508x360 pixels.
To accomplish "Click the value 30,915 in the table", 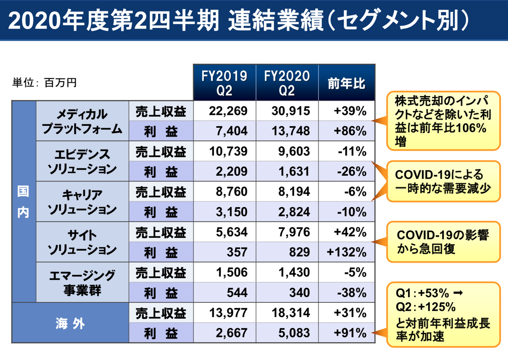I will pyautogui.click(x=291, y=111).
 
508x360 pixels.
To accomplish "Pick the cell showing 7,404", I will pyautogui.click(x=232, y=131).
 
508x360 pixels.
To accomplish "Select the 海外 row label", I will pyautogui.click(x=70, y=323).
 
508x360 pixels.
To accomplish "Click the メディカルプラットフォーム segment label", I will pyautogui.click(x=82, y=121).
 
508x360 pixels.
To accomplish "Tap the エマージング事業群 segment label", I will pyautogui.click(x=82, y=282).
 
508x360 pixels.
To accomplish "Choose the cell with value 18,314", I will pyautogui.click(x=291, y=313).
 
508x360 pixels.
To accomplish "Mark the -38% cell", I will pyautogui.click(x=351, y=293).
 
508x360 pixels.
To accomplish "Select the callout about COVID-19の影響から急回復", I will pyautogui.click(x=443, y=242).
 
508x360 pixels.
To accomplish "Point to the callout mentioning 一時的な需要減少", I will pyautogui.click(x=443, y=181).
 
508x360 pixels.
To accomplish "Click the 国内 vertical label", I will pyautogui.click(x=23, y=202).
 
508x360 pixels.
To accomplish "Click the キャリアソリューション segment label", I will pyautogui.click(x=82, y=202).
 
